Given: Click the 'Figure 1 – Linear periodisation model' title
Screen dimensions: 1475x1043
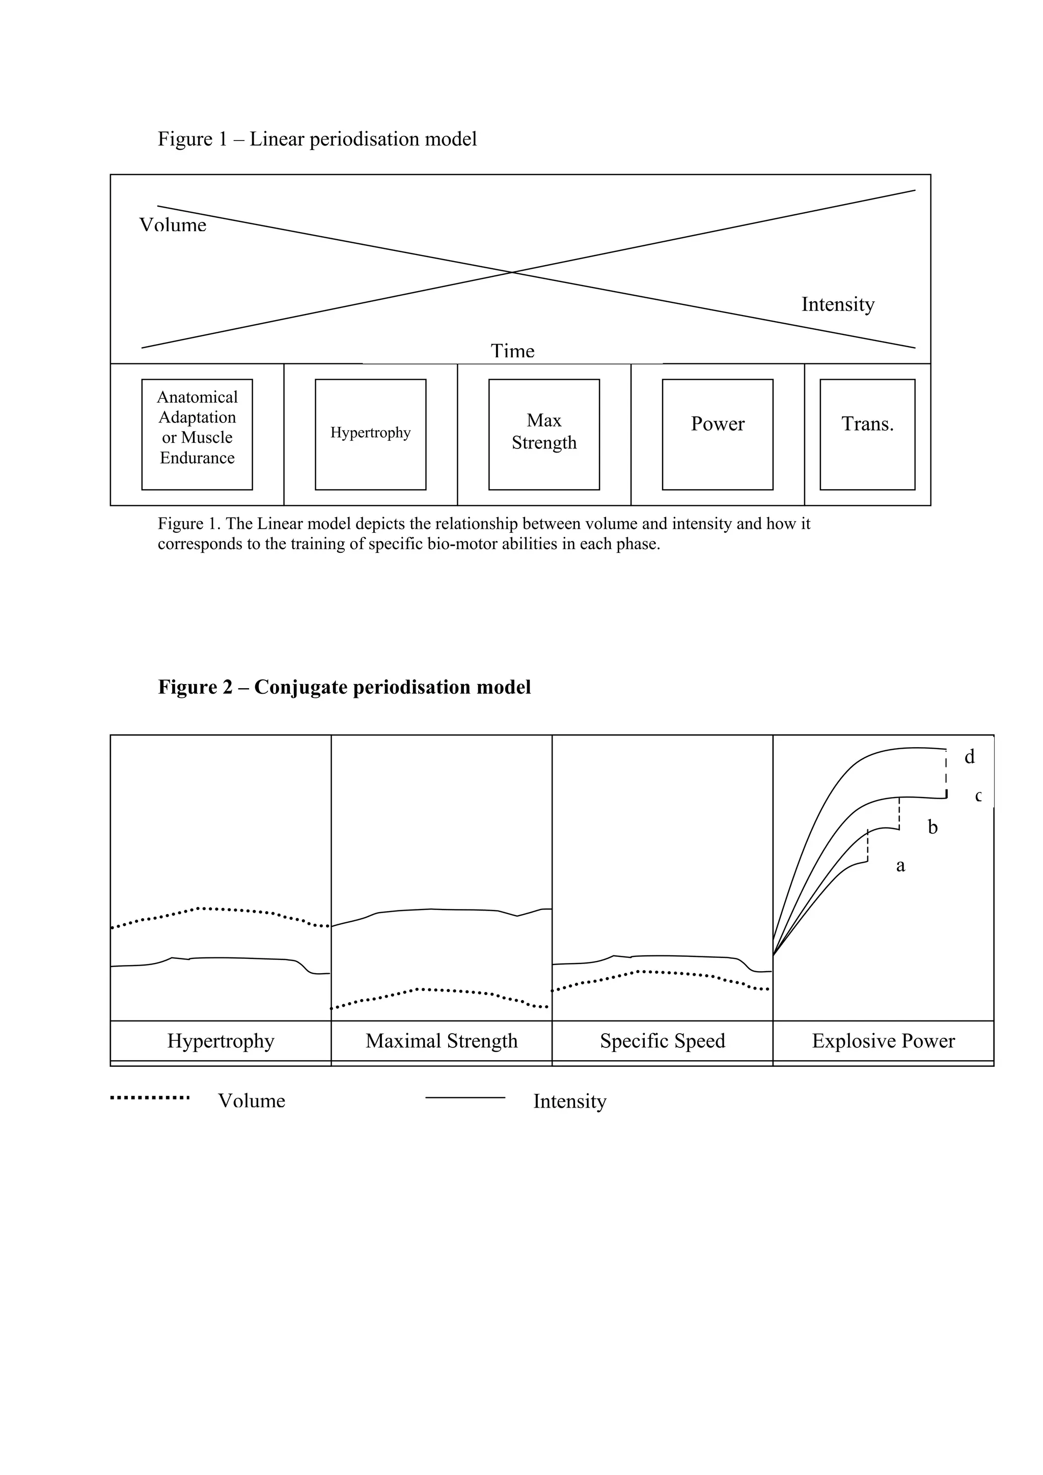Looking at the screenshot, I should [x=317, y=139].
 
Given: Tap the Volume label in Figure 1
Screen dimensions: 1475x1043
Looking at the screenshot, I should [x=173, y=225].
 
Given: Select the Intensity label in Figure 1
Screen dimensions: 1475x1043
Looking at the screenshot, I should [x=837, y=304].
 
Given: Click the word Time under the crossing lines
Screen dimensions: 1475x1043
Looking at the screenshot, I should [x=512, y=351].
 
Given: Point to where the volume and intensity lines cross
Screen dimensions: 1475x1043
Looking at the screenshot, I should [x=512, y=272].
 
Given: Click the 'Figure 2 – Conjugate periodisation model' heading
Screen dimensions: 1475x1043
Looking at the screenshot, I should [x=344, y=688].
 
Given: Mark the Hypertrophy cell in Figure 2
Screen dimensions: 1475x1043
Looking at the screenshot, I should [x=221, y=1041].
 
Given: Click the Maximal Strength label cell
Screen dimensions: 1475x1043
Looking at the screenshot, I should [x=442, y=1041].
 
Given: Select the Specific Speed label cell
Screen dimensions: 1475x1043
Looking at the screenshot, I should [x=663, y=1041].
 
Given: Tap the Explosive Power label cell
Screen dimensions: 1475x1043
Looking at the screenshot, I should [x=883, y=1041].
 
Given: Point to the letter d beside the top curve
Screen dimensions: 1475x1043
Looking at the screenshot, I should [x=969, y=757].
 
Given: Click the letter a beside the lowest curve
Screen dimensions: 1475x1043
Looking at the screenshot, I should [x=900, y=866].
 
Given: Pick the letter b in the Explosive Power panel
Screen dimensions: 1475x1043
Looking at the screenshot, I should [x=932, y=828].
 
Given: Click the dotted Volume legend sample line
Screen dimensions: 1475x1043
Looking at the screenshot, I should [x=150, y=1098].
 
